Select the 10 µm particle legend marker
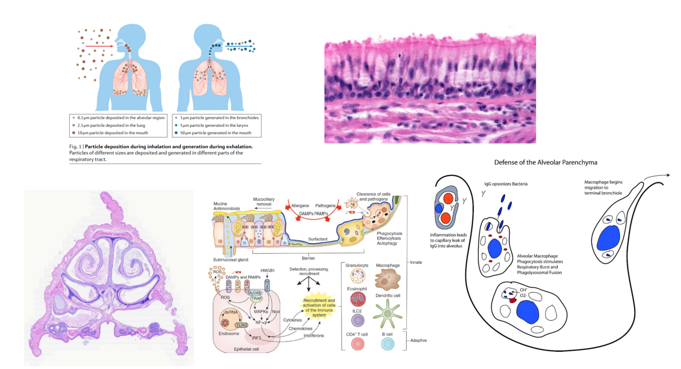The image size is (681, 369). pos(74,133)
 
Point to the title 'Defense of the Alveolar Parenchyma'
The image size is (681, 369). pos(545,163)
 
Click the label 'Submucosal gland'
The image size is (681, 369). pos(231,259)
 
